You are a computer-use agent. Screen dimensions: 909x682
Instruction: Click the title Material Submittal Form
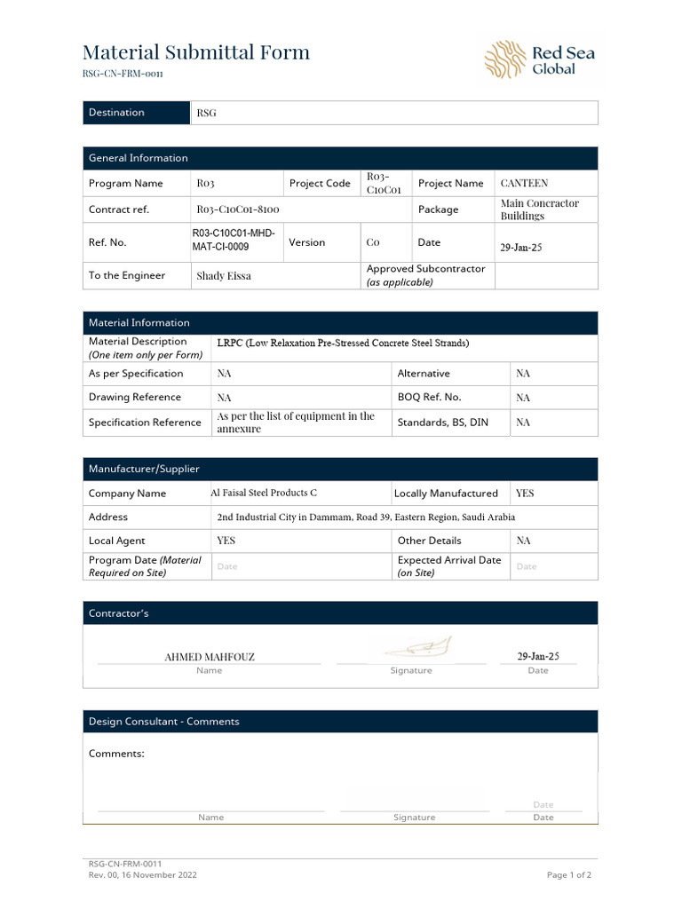(x=196, y=52)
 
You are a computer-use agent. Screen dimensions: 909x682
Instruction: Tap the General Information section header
(x=139, y=158)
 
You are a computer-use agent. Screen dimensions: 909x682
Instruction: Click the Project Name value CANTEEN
(x=524, y=184)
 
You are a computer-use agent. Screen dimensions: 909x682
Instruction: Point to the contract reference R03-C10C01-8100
(x=238, y=210)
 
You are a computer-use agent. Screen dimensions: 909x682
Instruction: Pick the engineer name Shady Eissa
(x=224, y=276)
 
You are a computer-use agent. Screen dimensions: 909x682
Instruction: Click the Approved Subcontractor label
(x=425, y=269)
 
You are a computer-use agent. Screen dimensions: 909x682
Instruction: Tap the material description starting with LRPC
(x=343, y=343)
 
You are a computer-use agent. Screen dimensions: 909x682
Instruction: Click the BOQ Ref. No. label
(x=429, y=398)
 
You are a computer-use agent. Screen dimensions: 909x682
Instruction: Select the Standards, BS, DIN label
(x=442, y=423)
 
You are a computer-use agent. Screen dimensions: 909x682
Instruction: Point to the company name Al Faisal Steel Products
(x=264, y=493)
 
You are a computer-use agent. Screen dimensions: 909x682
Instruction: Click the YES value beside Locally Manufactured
(x=525, y=493)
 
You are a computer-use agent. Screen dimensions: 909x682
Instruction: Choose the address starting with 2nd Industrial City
(x=366, y=517)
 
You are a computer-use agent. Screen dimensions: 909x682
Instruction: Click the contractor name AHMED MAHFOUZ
(x=210, y=657)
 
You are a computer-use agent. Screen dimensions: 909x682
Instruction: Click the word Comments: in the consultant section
(x=116, y=754)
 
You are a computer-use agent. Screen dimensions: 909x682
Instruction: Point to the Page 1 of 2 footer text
(x=568, y=874)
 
